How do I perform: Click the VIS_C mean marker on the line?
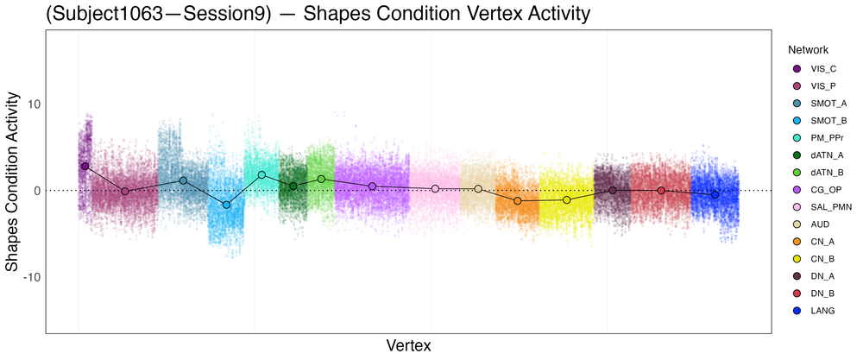coord(85,166)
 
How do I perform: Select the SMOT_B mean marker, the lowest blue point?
coord(227,205)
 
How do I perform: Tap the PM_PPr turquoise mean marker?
coord(261,174)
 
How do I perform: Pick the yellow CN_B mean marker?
coord(567,199)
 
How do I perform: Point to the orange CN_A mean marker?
coord(518,200)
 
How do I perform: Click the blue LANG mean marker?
coord(715,195)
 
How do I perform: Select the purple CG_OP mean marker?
coord(372,186)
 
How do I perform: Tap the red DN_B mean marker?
coord(661,190)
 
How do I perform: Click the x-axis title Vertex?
coord(409,345)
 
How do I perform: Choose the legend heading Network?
coord(802,50)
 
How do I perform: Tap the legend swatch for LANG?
coord(797,310)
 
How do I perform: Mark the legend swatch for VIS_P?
coord(797,85)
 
